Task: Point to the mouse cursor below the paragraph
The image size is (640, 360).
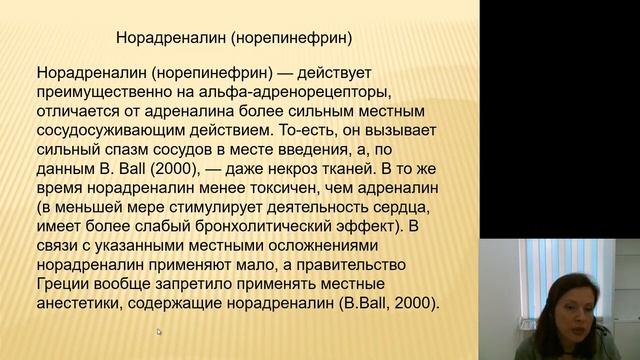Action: (158, 332)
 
